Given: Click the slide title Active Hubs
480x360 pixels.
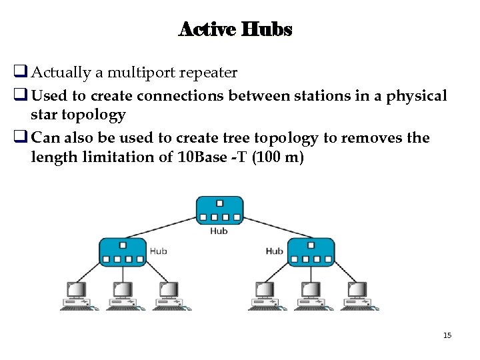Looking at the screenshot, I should coord(235,29).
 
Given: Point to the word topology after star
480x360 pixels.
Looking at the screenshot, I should coord(93,115).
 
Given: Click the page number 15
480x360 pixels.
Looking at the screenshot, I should coord(447,335).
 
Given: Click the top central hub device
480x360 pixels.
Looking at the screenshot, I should coord(219,211).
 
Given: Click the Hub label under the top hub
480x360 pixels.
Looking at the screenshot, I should coord(219,231).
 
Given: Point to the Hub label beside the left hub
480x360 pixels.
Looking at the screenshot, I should coord(159,251).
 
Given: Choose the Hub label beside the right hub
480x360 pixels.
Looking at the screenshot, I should coord(274,251).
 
